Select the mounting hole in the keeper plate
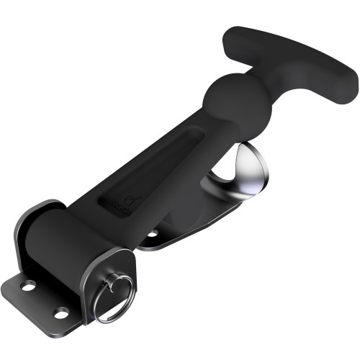click(153, 233)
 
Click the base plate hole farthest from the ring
click(28, 287)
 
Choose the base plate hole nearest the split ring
click(62, 312)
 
